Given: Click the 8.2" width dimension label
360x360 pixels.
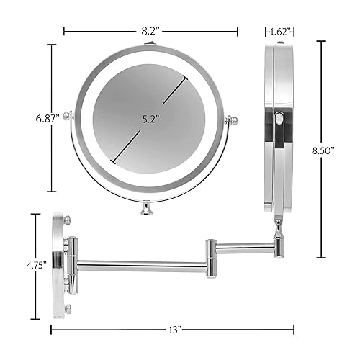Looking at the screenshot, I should (x=150, y=31).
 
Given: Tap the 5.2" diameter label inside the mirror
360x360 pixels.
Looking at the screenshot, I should (x=149, y=118).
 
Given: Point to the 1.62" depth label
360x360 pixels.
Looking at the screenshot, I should (x=280, y=31).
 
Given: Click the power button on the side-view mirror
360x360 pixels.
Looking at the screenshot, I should (x=280, y=123).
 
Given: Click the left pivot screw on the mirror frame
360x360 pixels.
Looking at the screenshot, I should (x=68, y=116).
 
